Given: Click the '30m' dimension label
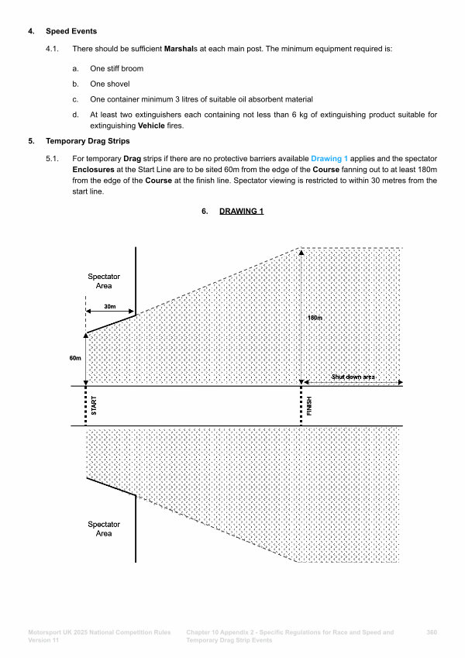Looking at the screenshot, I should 109,307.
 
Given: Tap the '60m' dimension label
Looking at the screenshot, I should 74,359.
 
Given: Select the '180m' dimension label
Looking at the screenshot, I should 315,318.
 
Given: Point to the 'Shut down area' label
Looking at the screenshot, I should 353,377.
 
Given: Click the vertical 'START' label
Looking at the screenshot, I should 94,406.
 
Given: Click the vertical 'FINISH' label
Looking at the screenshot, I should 309,406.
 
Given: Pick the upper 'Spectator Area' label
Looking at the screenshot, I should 104,281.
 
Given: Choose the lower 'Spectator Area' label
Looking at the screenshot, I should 104,529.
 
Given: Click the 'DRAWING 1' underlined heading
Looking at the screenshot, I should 241,210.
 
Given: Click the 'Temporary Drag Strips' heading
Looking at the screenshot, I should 87,142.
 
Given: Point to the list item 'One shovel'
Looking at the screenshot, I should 109,84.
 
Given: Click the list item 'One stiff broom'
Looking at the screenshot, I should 116,68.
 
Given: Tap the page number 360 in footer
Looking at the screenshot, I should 432,632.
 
